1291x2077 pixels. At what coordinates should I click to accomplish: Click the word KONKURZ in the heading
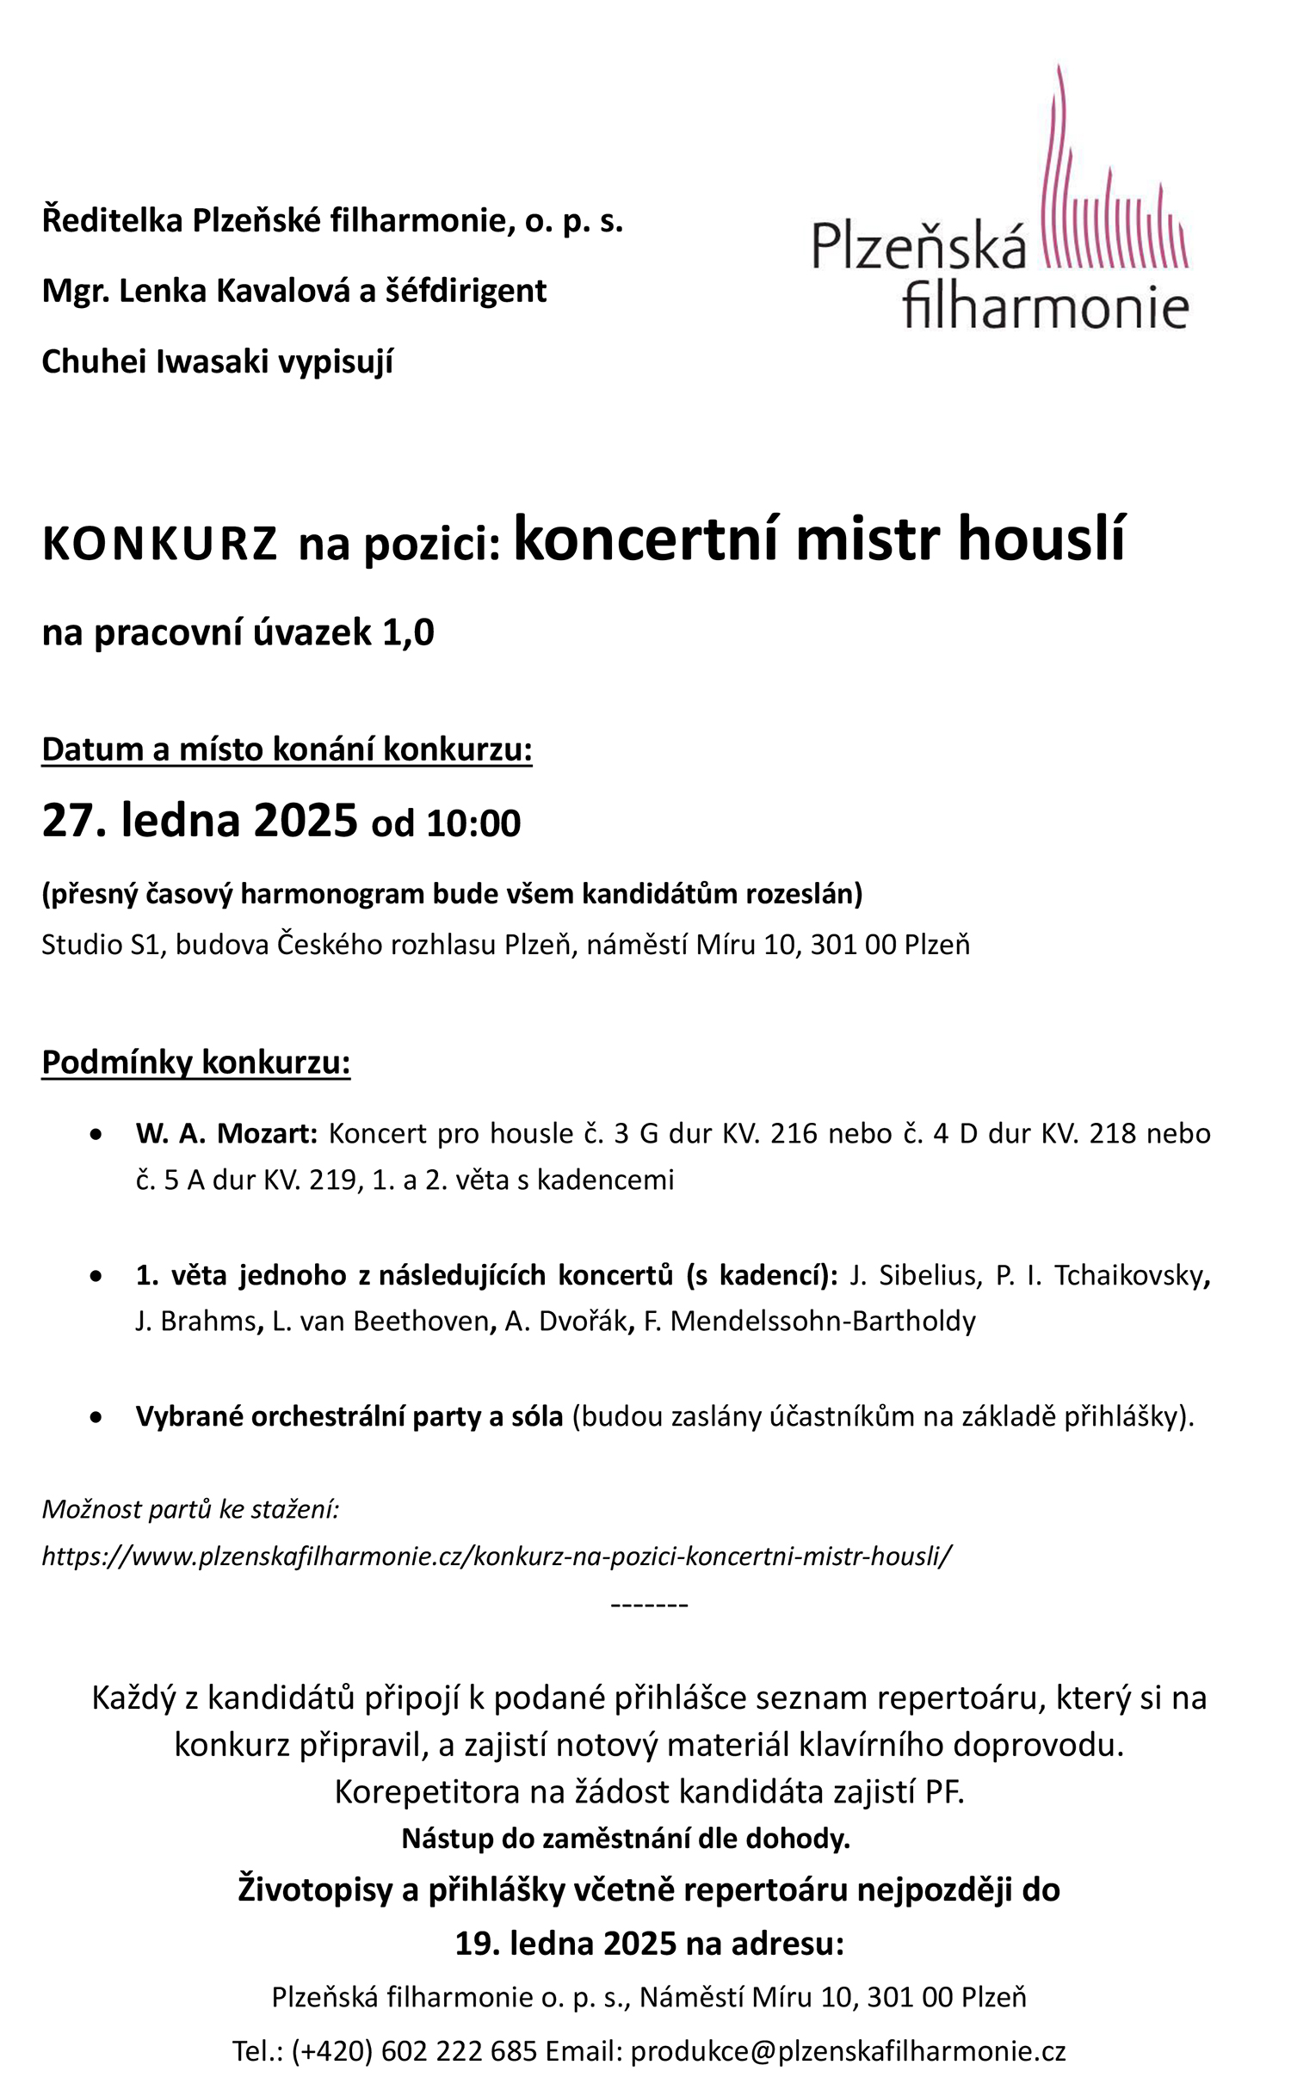point(159,545)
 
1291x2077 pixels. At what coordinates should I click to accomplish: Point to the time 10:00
point(473,823)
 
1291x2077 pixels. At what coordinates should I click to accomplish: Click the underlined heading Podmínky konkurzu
point(195,1063)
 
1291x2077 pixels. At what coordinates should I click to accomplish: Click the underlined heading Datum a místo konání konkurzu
point(287,749)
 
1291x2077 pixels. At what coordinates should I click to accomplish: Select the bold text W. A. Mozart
point(226,1133)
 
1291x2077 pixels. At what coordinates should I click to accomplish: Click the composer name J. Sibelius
point(915,1275)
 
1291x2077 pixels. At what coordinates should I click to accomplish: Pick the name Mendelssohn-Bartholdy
point(823,1321)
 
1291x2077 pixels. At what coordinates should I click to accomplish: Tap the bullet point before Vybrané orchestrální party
point(96,1416)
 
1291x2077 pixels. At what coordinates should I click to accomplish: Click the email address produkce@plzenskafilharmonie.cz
point(848,2050)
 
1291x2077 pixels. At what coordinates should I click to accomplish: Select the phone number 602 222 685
point(459,2050)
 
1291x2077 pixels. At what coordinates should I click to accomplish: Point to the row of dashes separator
point(649,1605)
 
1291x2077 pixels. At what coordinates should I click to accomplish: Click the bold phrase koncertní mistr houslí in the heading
point(818,539)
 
